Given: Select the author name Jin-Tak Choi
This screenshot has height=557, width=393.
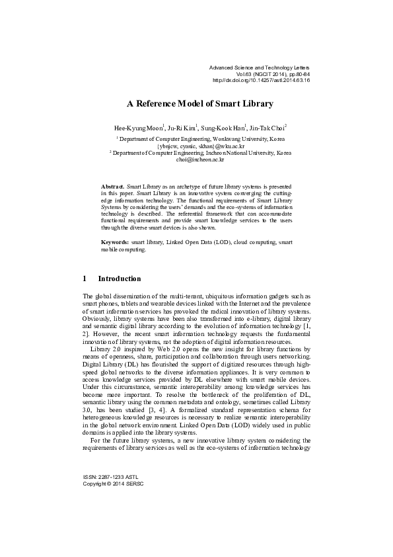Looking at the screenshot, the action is [268, 127].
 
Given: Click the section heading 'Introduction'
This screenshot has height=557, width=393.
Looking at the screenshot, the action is [120, 279].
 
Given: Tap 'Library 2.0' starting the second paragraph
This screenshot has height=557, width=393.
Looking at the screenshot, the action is [106, 349].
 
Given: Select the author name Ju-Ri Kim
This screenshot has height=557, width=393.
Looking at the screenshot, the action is [180, 127].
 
